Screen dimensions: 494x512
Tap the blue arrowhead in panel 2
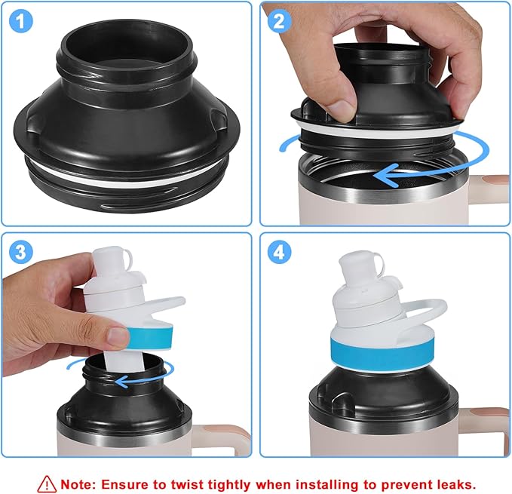click(385, 176)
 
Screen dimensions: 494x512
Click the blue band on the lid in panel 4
click(375, 351)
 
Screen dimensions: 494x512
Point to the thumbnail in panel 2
click(341, 109)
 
